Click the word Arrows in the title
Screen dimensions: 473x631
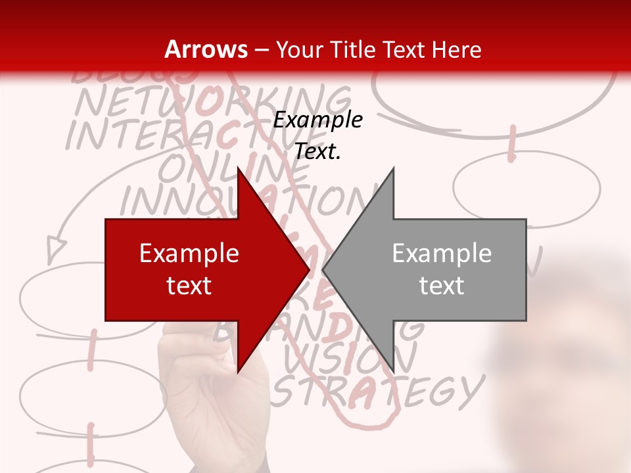206,49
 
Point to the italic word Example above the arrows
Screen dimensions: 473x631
317,120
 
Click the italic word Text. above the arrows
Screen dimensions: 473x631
317,152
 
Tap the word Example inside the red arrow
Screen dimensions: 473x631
189,254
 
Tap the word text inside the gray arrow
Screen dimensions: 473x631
442,286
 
